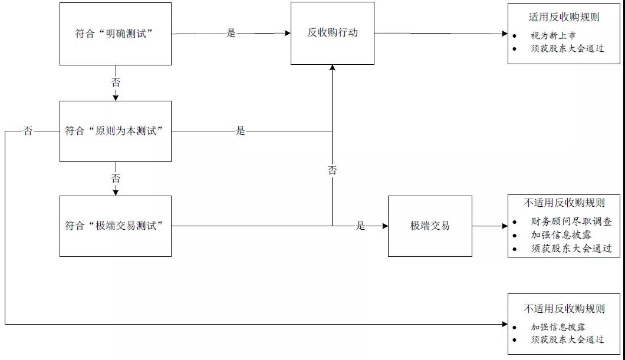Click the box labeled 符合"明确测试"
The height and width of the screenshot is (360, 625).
coord(115,34)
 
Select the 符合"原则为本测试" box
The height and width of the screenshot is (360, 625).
coord(115,131)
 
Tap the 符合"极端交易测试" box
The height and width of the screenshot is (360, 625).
coord(115,226)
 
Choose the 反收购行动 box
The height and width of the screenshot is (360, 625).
coord(332,33)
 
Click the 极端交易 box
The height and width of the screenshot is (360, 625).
coord(430,226)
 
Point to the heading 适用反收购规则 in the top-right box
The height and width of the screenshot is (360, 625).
coord(564,17)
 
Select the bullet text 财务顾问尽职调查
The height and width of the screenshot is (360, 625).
coord(571,222)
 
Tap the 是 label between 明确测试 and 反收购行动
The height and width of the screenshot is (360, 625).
coord(231,34)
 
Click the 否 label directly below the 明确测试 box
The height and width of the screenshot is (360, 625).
coord(116,82)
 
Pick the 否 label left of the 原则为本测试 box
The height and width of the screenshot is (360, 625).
coord(28,131)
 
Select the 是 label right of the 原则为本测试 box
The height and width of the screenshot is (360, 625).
coord(240,131)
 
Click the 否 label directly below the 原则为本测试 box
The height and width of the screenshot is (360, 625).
coord(116,179)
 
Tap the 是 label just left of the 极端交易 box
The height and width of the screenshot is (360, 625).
coord(360,226)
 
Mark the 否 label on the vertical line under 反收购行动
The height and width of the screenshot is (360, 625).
coord(332,170)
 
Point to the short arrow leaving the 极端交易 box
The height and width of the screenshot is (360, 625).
coord(489,226)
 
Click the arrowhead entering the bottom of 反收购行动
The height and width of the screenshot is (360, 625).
coord(332,68)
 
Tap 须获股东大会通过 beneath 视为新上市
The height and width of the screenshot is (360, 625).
coord(567,48)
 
